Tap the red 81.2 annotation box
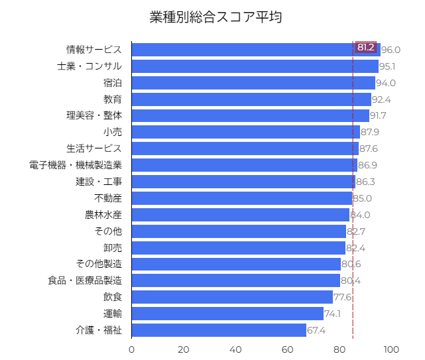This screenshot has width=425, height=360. (x=366, y=48)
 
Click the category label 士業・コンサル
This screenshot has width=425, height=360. (x=90, y=66)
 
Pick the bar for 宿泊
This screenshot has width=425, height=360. (x=253, y=83)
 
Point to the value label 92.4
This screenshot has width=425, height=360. (x=381, y=99)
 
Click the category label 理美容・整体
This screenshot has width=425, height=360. (x=93, y=115)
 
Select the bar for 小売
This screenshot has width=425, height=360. (x=245, y=132)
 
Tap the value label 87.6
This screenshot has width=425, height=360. (x=369, y=149)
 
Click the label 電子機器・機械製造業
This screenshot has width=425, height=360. (x=76, y=165)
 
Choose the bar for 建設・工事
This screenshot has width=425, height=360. (x=243, y=182)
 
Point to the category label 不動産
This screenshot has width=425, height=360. (x=108, y=198)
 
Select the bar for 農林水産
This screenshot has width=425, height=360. (x=240, y=215)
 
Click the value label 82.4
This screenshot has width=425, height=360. (x=355, y=248)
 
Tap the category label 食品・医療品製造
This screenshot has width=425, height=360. (x=85, y=280)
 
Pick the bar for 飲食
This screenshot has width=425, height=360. (x=232, y=297)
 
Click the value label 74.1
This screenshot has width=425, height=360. (x=333, y=314)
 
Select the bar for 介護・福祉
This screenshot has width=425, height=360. (x=219, y=330)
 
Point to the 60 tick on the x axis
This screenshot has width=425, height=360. (x=288, y=350)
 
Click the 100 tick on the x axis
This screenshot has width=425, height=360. (x=391, y=350)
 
